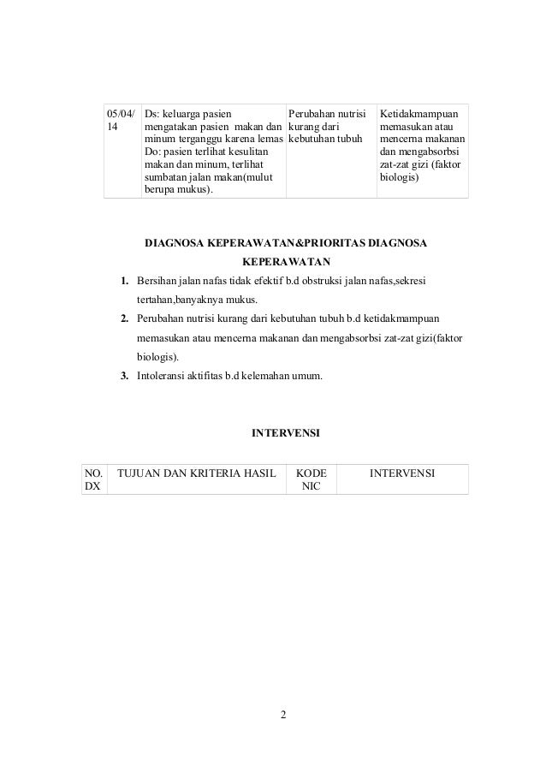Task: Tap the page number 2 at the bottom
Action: coord(285,717)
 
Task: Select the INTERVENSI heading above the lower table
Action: coord(285,434)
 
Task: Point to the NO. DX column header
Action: coord(91,479)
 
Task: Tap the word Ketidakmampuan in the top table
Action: coord(418,113)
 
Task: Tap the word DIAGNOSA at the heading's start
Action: coord(179,244)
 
